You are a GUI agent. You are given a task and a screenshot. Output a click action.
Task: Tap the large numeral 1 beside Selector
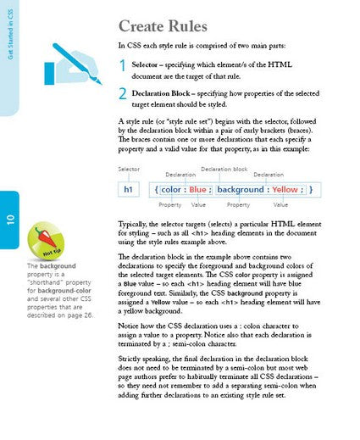click(x=123, y=67)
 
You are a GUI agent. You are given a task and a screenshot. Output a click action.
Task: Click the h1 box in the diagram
click(x=128, y=190)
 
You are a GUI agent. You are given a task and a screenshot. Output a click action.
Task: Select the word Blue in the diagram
click(x=197, y=190)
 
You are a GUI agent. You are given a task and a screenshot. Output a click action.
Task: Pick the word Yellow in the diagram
click(x=285, y=190)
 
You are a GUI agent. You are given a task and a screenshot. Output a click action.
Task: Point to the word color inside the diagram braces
click(x=171, y=190)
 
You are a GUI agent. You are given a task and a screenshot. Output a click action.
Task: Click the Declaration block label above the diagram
click(x=224, y=169)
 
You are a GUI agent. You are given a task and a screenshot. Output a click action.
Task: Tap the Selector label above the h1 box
click(x=129, y=170)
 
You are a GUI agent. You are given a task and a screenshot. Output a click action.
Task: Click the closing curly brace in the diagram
click(x=311, y=190)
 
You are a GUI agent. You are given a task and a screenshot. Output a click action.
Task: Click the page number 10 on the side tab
click(x=9, y=220)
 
